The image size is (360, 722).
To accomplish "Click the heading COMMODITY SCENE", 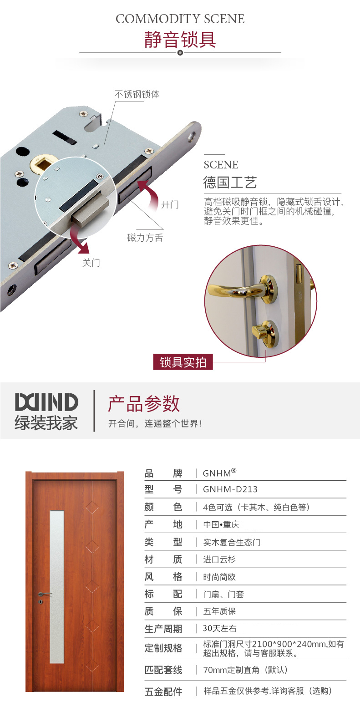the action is [180, 19].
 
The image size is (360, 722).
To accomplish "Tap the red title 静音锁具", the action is [180, 40].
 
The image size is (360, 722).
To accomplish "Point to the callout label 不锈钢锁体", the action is [137, 94].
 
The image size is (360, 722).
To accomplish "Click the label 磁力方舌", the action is [145, 238].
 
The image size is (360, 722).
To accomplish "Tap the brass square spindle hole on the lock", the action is [41, 164].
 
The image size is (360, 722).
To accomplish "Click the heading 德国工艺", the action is [230, 183].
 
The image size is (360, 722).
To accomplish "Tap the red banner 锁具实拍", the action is [183, 362].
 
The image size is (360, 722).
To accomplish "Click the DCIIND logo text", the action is [46, 402].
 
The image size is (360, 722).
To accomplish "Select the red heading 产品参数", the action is [144, 403].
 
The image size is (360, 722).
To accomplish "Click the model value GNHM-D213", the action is [230, 489].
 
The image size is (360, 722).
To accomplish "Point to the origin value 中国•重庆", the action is [221, 524].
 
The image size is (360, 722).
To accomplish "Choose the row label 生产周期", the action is [163, 629].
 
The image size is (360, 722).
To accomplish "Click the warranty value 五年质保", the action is [219, 611].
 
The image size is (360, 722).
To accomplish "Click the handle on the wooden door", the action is [45, 595].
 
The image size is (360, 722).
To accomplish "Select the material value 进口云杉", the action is [219, 559].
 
